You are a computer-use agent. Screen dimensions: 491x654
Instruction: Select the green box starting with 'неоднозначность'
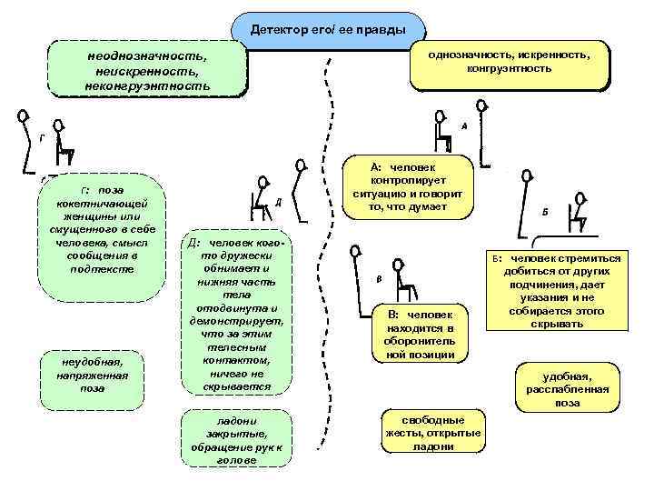(x=147, y=69)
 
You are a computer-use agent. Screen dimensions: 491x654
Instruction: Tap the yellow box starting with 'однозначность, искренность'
(x=509, y=63)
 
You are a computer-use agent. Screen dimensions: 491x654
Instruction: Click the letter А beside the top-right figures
(x=464, y=126)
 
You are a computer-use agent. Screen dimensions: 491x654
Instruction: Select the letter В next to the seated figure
(x=379, y=278)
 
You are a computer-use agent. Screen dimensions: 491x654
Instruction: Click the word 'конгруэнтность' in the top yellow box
(x=509, y=69)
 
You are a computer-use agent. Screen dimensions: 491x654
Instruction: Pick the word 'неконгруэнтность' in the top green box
(x=150, y=86)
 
